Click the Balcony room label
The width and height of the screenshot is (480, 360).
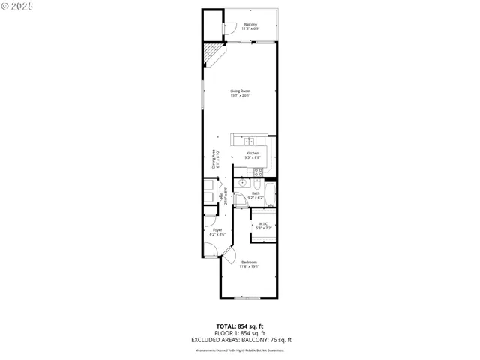click(251, 26)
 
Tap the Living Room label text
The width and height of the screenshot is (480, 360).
click(240, 93)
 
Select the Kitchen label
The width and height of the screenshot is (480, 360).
click(253, 155)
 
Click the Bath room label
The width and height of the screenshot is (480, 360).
click(256, 195)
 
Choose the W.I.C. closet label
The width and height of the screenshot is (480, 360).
click(263, 225)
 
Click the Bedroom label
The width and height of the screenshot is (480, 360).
click(249, 264)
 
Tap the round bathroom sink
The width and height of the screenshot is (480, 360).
click(243, 182)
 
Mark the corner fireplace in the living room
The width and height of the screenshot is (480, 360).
click(215, 54)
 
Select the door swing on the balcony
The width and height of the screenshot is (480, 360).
click(228, 28)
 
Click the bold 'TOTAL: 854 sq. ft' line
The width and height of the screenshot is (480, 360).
click(239, 325)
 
